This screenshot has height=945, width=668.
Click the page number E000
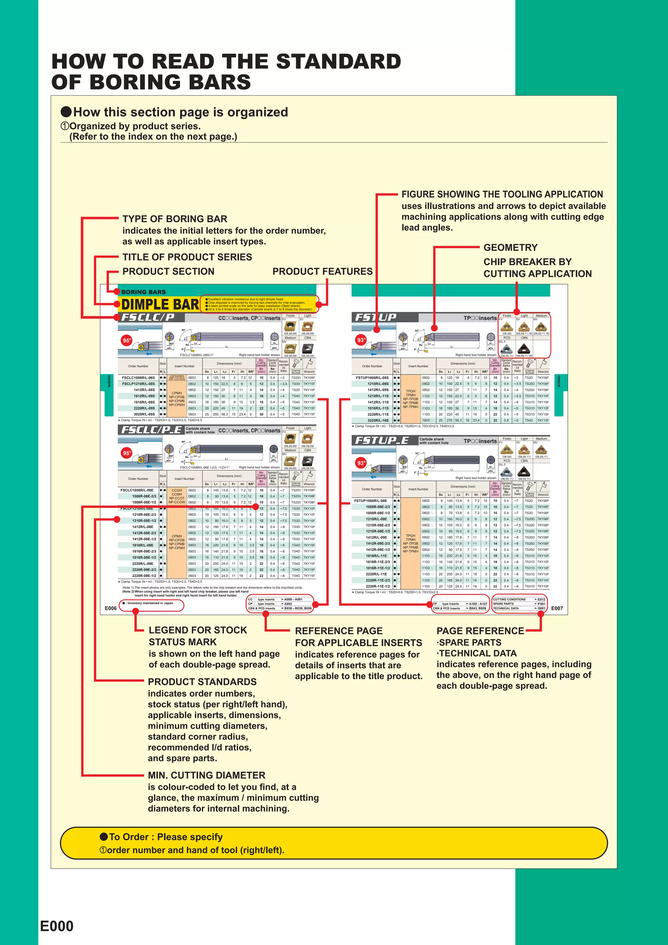[57, 926]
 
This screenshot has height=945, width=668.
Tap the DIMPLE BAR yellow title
[160, 305]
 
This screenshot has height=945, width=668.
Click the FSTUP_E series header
[382, 440]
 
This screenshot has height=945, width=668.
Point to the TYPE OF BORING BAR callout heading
[175, 219]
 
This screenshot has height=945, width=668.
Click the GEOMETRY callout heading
[510, 247]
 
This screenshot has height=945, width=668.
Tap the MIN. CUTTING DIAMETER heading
[206, 775]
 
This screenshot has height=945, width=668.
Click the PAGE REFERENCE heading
[480, 631]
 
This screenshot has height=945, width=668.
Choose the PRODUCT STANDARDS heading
[202, 682]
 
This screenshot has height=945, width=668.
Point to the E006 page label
[111, 608]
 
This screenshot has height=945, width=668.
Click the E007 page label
[557, 608]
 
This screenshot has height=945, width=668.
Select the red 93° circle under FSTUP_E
[361, 463]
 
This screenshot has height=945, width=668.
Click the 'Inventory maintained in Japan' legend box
[151, 604]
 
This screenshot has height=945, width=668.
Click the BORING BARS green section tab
[143, 292]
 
